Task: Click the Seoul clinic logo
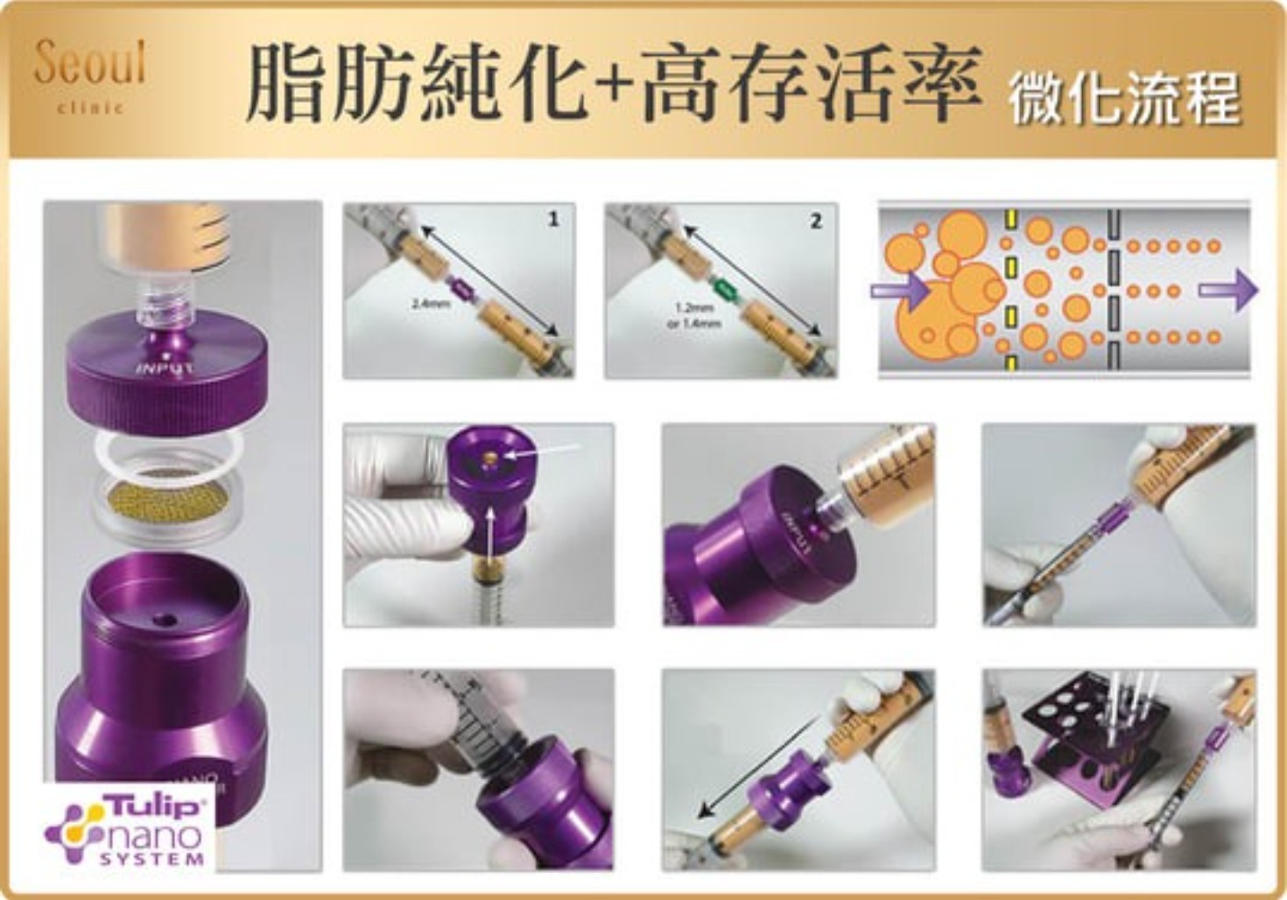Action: (89, 74)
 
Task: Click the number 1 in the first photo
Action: (552, 220)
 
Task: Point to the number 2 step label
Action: (815, 221)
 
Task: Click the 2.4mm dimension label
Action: (430, 304)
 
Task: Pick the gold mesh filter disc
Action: (167, 505)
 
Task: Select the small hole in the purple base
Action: (164, 620)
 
